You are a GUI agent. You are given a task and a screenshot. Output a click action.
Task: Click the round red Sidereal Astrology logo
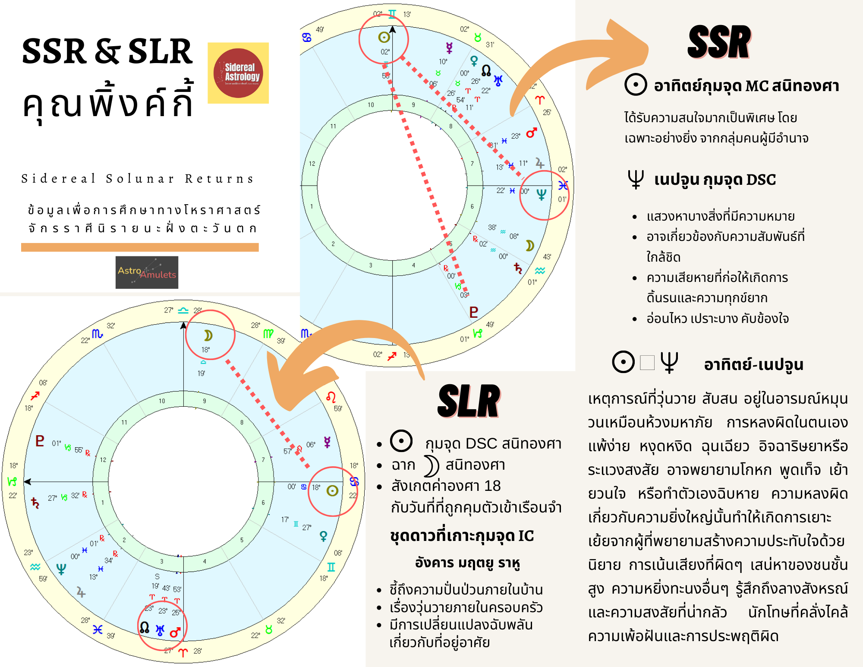(238, 73)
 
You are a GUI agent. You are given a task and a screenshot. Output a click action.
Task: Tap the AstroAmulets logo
(147, 272)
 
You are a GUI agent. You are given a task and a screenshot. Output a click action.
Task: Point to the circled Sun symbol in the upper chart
(384, 38)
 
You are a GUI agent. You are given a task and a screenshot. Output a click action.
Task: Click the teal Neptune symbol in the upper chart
(541, 195)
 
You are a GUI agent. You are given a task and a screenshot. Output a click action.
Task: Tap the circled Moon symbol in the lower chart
(208, 335)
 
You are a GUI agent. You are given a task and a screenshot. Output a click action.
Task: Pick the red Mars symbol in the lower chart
(175, 632)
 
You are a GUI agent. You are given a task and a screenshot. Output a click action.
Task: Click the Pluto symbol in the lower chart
(40, 441)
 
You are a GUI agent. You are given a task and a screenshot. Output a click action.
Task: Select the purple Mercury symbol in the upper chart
(449, 48)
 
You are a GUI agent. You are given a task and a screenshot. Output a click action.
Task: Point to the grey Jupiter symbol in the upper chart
(540, 163)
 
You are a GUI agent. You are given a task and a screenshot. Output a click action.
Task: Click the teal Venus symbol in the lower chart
(323, 536)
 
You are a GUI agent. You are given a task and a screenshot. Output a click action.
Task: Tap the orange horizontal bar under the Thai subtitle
(140, 247)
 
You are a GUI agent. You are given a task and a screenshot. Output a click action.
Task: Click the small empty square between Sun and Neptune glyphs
(647, 363)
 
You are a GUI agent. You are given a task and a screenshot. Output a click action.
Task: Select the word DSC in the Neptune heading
(761, 180)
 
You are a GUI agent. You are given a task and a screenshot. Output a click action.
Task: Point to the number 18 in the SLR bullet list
(492, 486)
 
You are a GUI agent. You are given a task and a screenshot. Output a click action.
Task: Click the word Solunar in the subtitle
(141, 178)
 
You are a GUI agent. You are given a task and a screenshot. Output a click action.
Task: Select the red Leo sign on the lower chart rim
(331, 397)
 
